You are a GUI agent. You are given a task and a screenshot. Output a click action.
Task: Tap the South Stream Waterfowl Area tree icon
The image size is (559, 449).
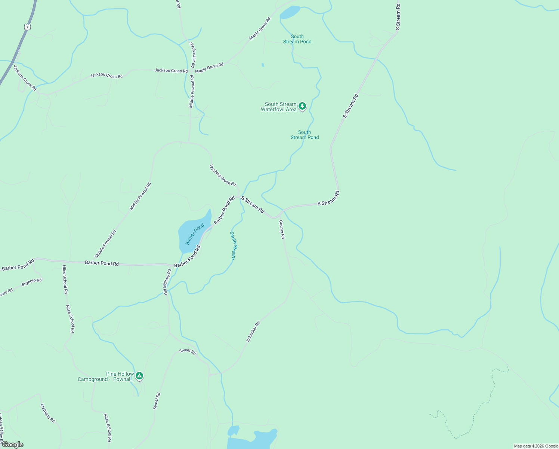click(x=302, y=106)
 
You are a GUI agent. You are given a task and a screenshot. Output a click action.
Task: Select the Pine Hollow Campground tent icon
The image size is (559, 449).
click(x=139, y=376)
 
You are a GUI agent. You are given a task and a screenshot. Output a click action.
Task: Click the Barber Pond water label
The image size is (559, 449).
click(x=195, y=234)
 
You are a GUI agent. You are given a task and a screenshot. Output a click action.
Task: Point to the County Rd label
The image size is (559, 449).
click(x=282, y=229)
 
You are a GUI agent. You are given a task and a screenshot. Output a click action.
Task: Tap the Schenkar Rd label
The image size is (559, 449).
click(x=253, y=332)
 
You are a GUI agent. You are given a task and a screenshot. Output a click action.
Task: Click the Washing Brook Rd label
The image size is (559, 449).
click(x=223, y=175)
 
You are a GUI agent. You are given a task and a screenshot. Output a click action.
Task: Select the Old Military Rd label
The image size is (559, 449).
click(x=167, y=282)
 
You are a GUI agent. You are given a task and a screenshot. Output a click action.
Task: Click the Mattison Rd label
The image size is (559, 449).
click(x=48, y=413)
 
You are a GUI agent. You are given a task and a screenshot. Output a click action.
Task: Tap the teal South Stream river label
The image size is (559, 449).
click(x=233, y=245)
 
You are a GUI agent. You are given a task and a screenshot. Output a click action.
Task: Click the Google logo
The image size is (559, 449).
click(x=12, y=445)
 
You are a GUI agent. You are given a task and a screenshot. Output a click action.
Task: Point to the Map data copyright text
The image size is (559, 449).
click(x=536, y=446)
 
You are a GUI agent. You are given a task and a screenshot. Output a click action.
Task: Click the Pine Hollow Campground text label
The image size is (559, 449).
click(x=105, y=376)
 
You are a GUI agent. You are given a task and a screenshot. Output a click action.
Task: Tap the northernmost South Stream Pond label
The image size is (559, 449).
click(x=297, y=39)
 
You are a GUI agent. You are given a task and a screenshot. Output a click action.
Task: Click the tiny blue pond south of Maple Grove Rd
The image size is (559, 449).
click(x=263, y=65)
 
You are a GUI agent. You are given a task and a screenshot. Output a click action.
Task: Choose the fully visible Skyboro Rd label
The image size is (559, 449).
click(x=32, y=282)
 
